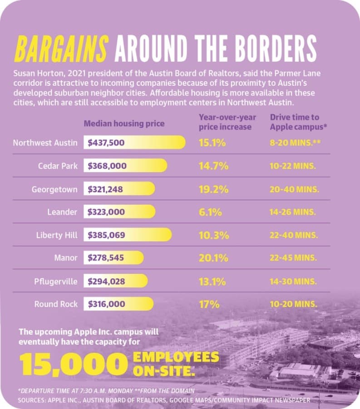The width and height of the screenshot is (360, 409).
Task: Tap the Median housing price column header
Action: click(124, 123)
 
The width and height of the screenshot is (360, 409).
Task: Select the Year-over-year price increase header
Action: click(227, 122)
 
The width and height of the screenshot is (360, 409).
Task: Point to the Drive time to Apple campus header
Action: click(299, 122)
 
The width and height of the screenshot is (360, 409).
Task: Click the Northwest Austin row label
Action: click(45, 143)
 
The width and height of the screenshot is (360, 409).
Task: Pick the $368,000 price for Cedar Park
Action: click(107, 166)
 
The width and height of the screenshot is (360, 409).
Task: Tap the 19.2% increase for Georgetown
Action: click(214, 189)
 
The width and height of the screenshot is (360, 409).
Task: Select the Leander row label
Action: click(62, 212)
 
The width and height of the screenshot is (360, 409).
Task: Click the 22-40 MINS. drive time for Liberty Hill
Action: click(294, 235)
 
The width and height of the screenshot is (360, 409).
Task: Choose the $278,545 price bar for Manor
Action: click(113, 258)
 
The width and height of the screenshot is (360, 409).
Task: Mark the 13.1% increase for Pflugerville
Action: click(212, 282)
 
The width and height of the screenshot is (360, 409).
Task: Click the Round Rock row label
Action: click(56, 304)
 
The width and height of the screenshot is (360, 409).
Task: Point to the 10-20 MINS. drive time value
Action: click(294, 304)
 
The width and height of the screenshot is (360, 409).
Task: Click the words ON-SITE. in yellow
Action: click(164, 371)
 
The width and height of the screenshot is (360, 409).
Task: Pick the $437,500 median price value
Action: click(106, 143)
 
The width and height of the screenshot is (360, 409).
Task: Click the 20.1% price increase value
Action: click(214, 258)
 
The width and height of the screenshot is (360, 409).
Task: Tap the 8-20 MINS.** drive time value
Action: click(295, 143)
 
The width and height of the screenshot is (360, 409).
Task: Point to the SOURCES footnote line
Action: click(164, 400)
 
